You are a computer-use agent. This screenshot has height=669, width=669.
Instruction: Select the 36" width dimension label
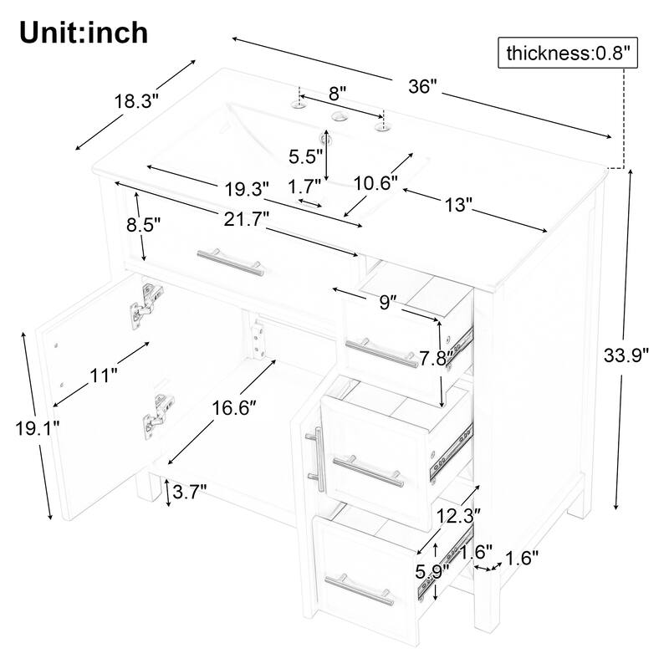tap(423, 87)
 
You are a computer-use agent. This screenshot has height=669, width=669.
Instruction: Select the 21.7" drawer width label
tap(240, 218)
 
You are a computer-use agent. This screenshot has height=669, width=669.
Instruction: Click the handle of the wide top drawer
tap(229, 260)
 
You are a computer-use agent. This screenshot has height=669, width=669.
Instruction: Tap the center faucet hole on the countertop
tap(340, 118)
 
